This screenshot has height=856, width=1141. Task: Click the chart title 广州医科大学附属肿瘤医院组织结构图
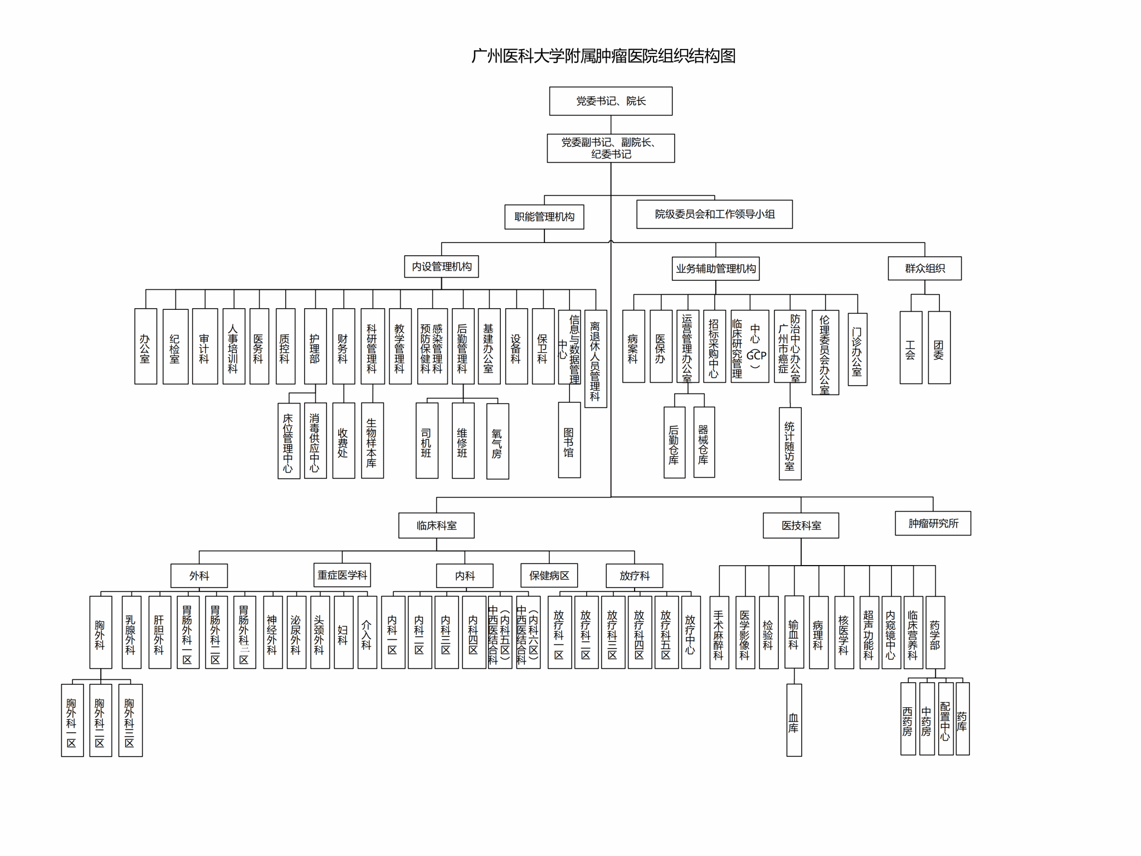pos(603,56)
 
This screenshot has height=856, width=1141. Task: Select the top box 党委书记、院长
pos(611,101)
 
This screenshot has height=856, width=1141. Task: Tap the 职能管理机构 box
pos(544,217)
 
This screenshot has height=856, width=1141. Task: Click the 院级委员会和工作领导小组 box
pos(714,214)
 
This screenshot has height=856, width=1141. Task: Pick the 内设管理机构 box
pos(441,266)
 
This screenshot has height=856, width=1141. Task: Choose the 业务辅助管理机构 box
pos(715,269)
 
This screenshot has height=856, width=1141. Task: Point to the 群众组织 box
pos(924,268)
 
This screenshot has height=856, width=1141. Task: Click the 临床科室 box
pos(436,525)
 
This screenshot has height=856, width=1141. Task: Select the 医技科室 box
pos(801,525)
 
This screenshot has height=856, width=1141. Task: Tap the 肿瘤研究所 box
pos(933,523)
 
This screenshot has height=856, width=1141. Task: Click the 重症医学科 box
pos(342,575)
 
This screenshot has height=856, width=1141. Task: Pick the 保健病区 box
pos(549,575)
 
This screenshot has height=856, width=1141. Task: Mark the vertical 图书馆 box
pos(569,440)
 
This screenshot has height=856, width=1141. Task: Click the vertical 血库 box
pos(794,719)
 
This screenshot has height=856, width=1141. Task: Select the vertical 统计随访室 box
pos(789,443)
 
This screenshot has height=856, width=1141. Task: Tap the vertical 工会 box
pos(910,347)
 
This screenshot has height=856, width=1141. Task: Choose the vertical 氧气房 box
pos(497,441)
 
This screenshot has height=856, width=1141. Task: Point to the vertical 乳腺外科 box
pos(131,632)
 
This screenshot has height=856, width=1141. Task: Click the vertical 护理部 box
pos(315,346)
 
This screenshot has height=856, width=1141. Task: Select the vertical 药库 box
pos(962,718)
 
